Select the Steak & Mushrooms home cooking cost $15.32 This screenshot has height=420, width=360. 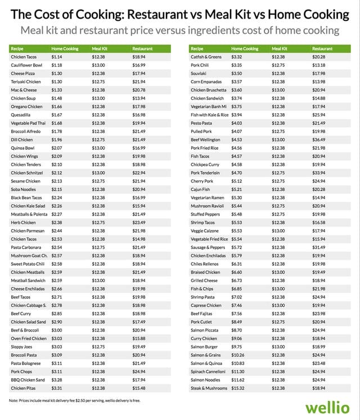(x=240, y=388)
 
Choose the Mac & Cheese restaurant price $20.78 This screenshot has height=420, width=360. (x=139, y=90)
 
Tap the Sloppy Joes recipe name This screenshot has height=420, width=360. (x=22, y=347)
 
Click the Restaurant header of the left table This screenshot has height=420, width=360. (x=142, y=49)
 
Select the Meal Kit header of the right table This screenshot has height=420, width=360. (x=280, y=49)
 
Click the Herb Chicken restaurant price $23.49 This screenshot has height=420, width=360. (x=139, y=222)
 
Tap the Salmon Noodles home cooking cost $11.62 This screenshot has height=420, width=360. (x=240, y=380)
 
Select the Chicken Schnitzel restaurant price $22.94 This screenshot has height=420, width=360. (x=139, y=173)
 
